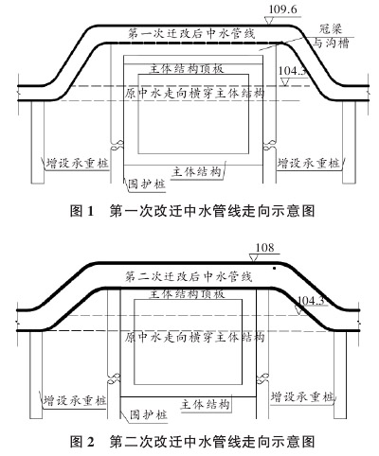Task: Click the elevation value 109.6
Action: (283, 9)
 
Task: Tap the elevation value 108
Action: (264, 248)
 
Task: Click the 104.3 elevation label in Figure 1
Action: (292, 71)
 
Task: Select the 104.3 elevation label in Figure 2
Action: (311, 301)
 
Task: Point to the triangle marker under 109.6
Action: (269, 21)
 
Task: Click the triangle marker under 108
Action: (253, 258)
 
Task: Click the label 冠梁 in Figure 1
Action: (331, 29)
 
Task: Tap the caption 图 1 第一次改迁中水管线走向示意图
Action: (192, 211)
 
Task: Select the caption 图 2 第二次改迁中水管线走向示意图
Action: (192, 442)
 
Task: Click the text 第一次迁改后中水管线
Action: (191, 33)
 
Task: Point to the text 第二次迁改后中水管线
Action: (189, 276)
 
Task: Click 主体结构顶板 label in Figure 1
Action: (187, 69)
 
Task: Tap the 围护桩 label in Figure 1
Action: (147, 184)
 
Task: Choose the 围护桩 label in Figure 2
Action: (148, 414)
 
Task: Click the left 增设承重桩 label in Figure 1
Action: (78, 163)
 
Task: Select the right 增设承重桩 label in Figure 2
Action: (302, 396)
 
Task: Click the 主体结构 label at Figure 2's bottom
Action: (205, 404)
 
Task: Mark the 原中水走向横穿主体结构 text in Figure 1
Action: (194, 94)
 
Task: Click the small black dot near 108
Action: (275, 269)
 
